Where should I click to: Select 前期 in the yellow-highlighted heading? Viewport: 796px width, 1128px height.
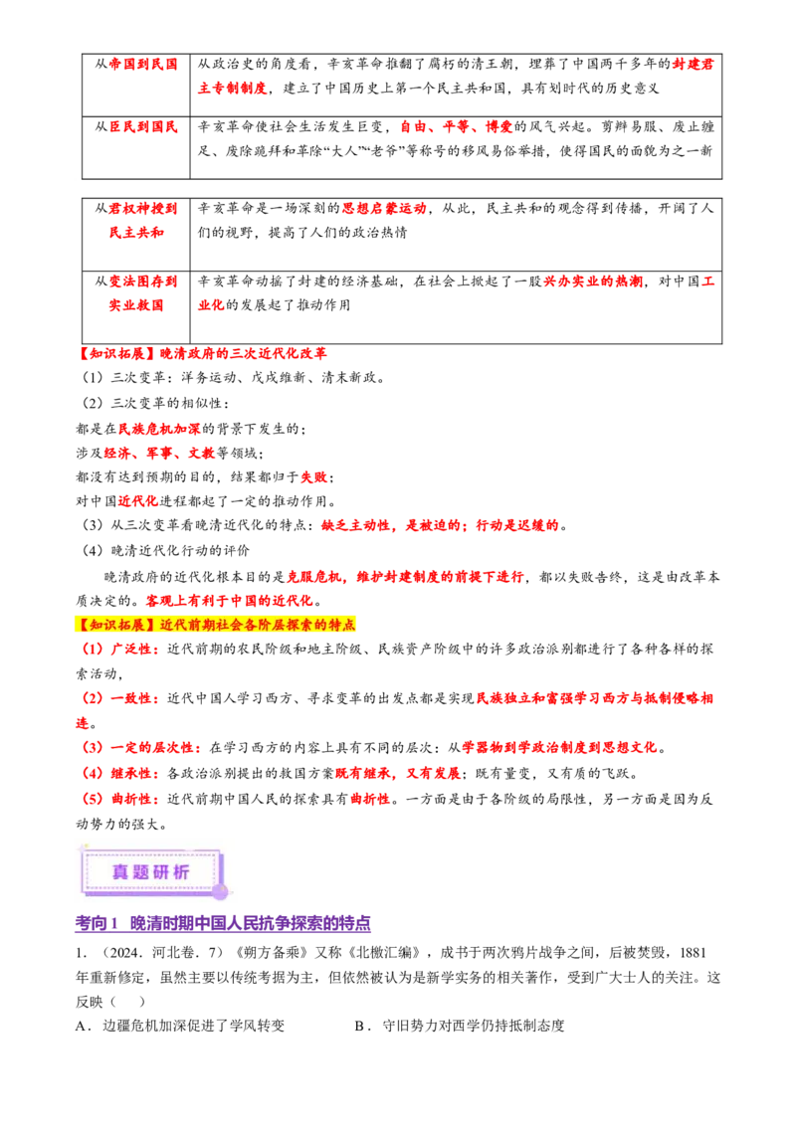pyautogui.click(x=201, y=625)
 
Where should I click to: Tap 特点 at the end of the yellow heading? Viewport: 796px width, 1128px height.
pyautogui.click(x=341, y=625)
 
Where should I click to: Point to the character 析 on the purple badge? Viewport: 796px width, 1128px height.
pyautogui.click(x=182, y=871)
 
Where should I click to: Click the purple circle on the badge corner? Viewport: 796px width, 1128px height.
pyautogui.click(x=220, y=891)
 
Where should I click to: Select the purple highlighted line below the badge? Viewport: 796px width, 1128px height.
pyautogui.click(x=222, y=926)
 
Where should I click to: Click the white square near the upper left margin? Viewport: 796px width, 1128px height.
pyautogui.click(x=76, y=179)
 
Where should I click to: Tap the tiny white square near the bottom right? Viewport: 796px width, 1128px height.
pyautogui.click(x=568, y=1031)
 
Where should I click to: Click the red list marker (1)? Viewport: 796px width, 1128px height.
pyautogui.click(x=92, y=650)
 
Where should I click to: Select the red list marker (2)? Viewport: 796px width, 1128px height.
pyautogui.click(x=92, y=699)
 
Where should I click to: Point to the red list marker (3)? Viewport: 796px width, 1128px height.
pyautogui.click(x=92, y=747)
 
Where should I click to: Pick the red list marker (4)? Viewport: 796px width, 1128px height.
pyautogui.click(x=92, y=773)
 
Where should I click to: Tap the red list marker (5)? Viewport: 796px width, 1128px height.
pyautogui.click(x=92, y=798)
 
